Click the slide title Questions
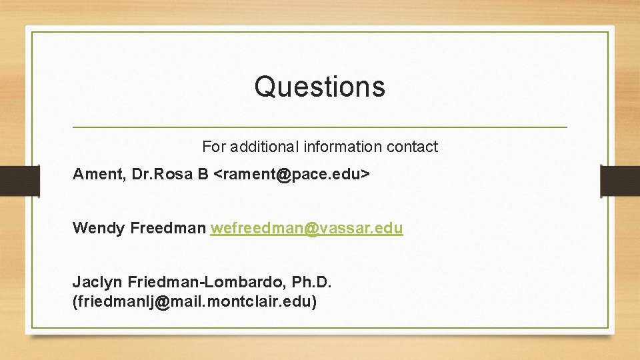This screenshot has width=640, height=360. tap(319, 87)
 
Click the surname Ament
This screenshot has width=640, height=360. tap(98, 175)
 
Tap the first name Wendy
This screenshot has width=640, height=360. tap(99, 228)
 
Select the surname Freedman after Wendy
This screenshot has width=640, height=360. tap(168, 228)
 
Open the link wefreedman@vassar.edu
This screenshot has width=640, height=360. tap(307, 228)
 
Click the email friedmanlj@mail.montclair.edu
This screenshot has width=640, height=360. tap(194, 301)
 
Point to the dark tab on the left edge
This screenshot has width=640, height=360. tap(19, 181)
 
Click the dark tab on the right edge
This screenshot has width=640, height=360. tap(620, 181)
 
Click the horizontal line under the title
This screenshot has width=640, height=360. tap(319, 127)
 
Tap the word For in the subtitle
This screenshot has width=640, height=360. tap(213, 147)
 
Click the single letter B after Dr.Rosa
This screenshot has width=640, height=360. tap(203, 175)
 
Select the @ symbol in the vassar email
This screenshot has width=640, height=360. tap(311, 228)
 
